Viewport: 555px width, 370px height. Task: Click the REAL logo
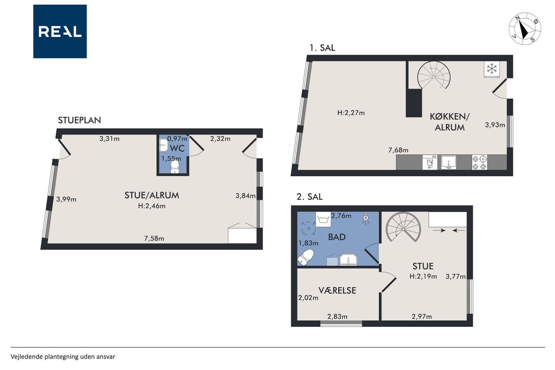point(60,32)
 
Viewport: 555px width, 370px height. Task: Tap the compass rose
point(525,29)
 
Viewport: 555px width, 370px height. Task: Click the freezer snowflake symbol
point(492,69)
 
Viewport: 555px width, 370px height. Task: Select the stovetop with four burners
point(480,162)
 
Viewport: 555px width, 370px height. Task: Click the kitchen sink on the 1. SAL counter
point(448,162)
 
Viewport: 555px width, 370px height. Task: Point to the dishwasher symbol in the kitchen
point(430,162)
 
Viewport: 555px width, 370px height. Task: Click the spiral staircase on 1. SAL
point(434,75)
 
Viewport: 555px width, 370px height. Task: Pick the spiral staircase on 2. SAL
point(403,227)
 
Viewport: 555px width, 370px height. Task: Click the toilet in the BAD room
point(306,257)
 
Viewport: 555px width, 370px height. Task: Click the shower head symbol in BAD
point(366,218)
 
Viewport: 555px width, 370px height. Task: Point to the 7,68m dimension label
point(398,150)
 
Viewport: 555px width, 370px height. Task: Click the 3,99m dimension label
point(66,199)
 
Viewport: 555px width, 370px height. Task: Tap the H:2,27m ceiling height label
point(351,113)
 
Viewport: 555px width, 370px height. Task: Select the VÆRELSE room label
point(337,291)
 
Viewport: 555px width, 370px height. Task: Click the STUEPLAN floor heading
point(79,120)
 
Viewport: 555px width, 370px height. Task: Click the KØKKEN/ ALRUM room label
point(450,122)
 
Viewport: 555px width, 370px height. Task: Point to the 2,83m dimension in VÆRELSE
point(337,317)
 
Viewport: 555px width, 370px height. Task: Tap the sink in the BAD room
point(348,259)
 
